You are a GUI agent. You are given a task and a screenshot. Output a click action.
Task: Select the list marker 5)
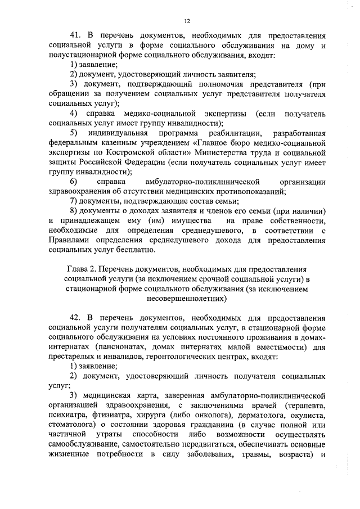pos(73,133)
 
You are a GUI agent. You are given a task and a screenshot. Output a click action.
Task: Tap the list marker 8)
pos(73,211)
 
